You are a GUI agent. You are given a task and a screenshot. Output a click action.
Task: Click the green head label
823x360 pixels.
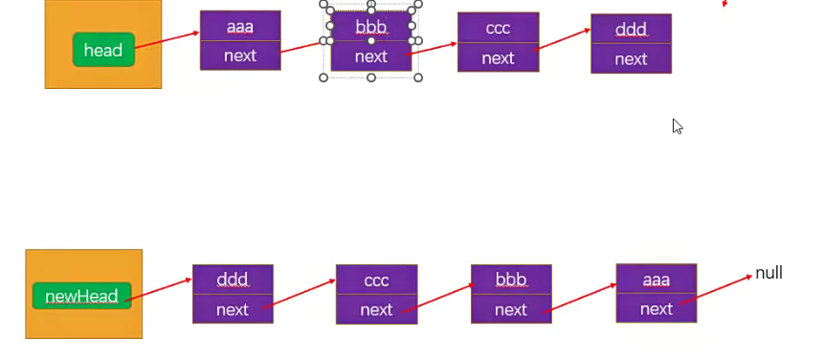(103, 50)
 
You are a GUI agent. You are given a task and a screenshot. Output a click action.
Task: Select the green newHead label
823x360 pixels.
(80, 296)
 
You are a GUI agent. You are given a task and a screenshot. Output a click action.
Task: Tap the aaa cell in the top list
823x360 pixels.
(240, 27)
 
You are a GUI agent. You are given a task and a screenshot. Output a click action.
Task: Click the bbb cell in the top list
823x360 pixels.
(371, 26)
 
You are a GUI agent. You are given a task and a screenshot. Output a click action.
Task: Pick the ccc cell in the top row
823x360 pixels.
(498, 28)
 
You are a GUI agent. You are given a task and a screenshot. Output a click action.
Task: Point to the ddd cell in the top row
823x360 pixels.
(631, 30)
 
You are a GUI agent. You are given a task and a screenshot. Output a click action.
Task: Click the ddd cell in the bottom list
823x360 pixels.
(233, 280)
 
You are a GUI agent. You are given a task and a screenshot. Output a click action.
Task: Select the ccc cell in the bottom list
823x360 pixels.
(376, 281)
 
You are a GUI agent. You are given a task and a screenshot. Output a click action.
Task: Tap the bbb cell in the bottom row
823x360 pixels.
(511, 280)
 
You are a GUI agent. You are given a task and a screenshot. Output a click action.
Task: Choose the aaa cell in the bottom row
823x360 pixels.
(656, 279)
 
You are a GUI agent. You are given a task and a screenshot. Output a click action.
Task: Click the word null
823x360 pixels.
(768, 273)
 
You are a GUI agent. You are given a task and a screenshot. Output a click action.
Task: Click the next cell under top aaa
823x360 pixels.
(240, 56)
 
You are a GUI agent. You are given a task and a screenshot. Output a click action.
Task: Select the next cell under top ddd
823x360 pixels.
(631, 59)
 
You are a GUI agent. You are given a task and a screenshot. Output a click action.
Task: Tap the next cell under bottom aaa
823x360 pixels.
(656, 308)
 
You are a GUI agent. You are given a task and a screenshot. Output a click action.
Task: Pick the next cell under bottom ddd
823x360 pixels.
(233, 309)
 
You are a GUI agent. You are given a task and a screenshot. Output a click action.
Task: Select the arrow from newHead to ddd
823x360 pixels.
(159, 288)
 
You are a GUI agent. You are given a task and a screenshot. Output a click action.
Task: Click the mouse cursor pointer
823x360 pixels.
(677, 125)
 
